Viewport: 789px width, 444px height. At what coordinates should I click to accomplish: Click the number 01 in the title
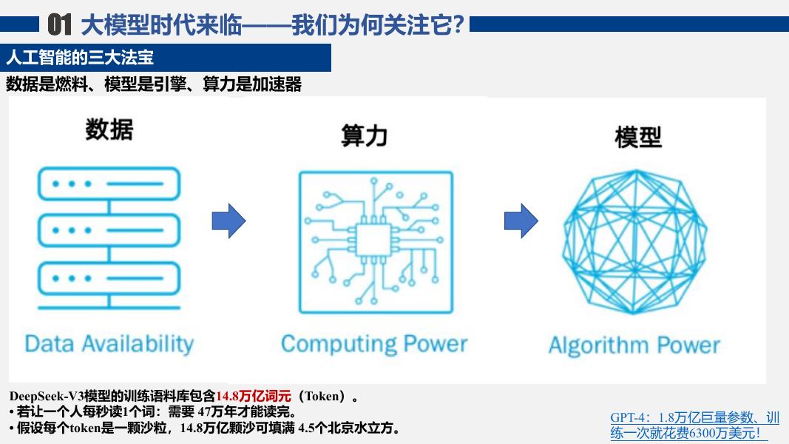click(59, 24)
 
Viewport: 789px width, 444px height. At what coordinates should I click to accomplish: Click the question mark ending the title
click(458, 24)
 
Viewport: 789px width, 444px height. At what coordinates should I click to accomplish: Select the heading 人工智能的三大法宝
click(80, 58)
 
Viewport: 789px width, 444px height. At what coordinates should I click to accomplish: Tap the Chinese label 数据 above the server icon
click(109, 129)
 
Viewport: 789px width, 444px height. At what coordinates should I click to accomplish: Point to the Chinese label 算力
click(365, 135)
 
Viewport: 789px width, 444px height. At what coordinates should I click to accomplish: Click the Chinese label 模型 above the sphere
click(638, 137)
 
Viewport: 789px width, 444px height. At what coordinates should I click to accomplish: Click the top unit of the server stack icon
click(109, 184)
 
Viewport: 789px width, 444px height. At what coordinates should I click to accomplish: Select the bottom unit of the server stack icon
click(109, 278)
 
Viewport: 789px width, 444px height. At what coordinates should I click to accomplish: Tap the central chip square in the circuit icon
click(373, 240)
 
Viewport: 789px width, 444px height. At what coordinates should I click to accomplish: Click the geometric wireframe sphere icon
click(634, 241)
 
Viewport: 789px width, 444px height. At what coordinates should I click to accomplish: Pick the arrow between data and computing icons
click(228, 221)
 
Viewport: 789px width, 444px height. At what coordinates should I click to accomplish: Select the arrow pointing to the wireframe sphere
click(521, 221)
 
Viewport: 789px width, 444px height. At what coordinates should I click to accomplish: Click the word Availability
click(138, 344)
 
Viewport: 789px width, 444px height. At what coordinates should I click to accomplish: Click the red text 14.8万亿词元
click(254, 396)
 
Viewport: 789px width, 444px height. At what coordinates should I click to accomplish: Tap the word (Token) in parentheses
click(322, 396)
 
